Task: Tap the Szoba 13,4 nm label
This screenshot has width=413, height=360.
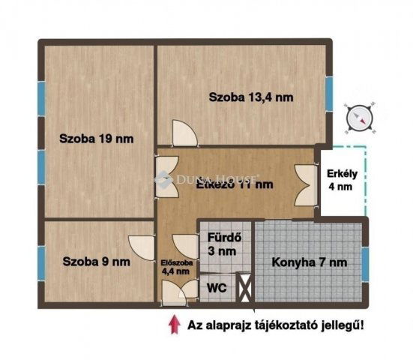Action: [x=251, y=97]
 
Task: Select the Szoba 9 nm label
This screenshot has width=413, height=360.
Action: [x=96, y=262]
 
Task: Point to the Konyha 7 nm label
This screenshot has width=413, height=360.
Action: [x=310, y=262]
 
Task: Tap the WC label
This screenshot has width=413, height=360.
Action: [x=216, y=286]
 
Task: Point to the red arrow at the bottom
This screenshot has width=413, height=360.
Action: [x=174, y=323]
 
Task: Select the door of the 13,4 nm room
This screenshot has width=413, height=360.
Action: [x=184, y=133]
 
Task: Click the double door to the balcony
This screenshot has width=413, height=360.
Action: [x=306, y=184]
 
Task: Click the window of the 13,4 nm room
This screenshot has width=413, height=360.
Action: [x=328, y=91]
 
